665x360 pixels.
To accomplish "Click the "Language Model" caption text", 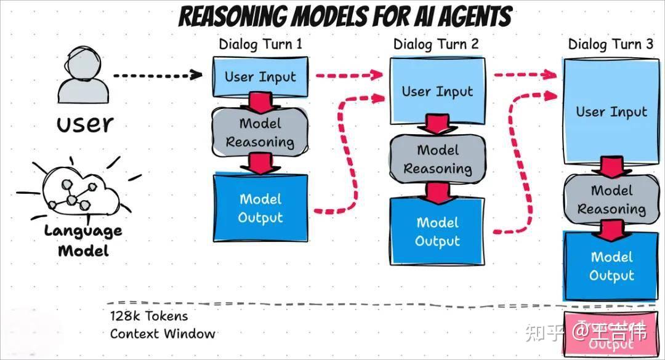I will point(83,241).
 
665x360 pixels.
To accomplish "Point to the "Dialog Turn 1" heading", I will point(261,45).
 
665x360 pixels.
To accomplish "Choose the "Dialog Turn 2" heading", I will point(436,45).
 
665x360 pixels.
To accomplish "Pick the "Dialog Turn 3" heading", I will point(611,45).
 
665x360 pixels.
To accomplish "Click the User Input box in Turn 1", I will point(260,77).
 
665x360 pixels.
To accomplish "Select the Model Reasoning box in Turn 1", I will point(259,132).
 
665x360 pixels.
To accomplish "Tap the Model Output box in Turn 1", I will point(260,209).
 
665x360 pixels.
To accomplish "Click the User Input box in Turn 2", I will point(437,92).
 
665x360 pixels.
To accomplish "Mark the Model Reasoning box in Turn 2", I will point(437,159).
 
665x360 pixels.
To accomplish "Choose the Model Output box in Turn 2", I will point(437,232).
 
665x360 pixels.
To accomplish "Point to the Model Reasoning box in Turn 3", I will point(611,199).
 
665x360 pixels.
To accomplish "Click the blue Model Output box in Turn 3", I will point(611,265).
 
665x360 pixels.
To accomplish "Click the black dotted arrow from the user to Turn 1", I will point(157,75).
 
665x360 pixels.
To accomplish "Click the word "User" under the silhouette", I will point(85,124).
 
